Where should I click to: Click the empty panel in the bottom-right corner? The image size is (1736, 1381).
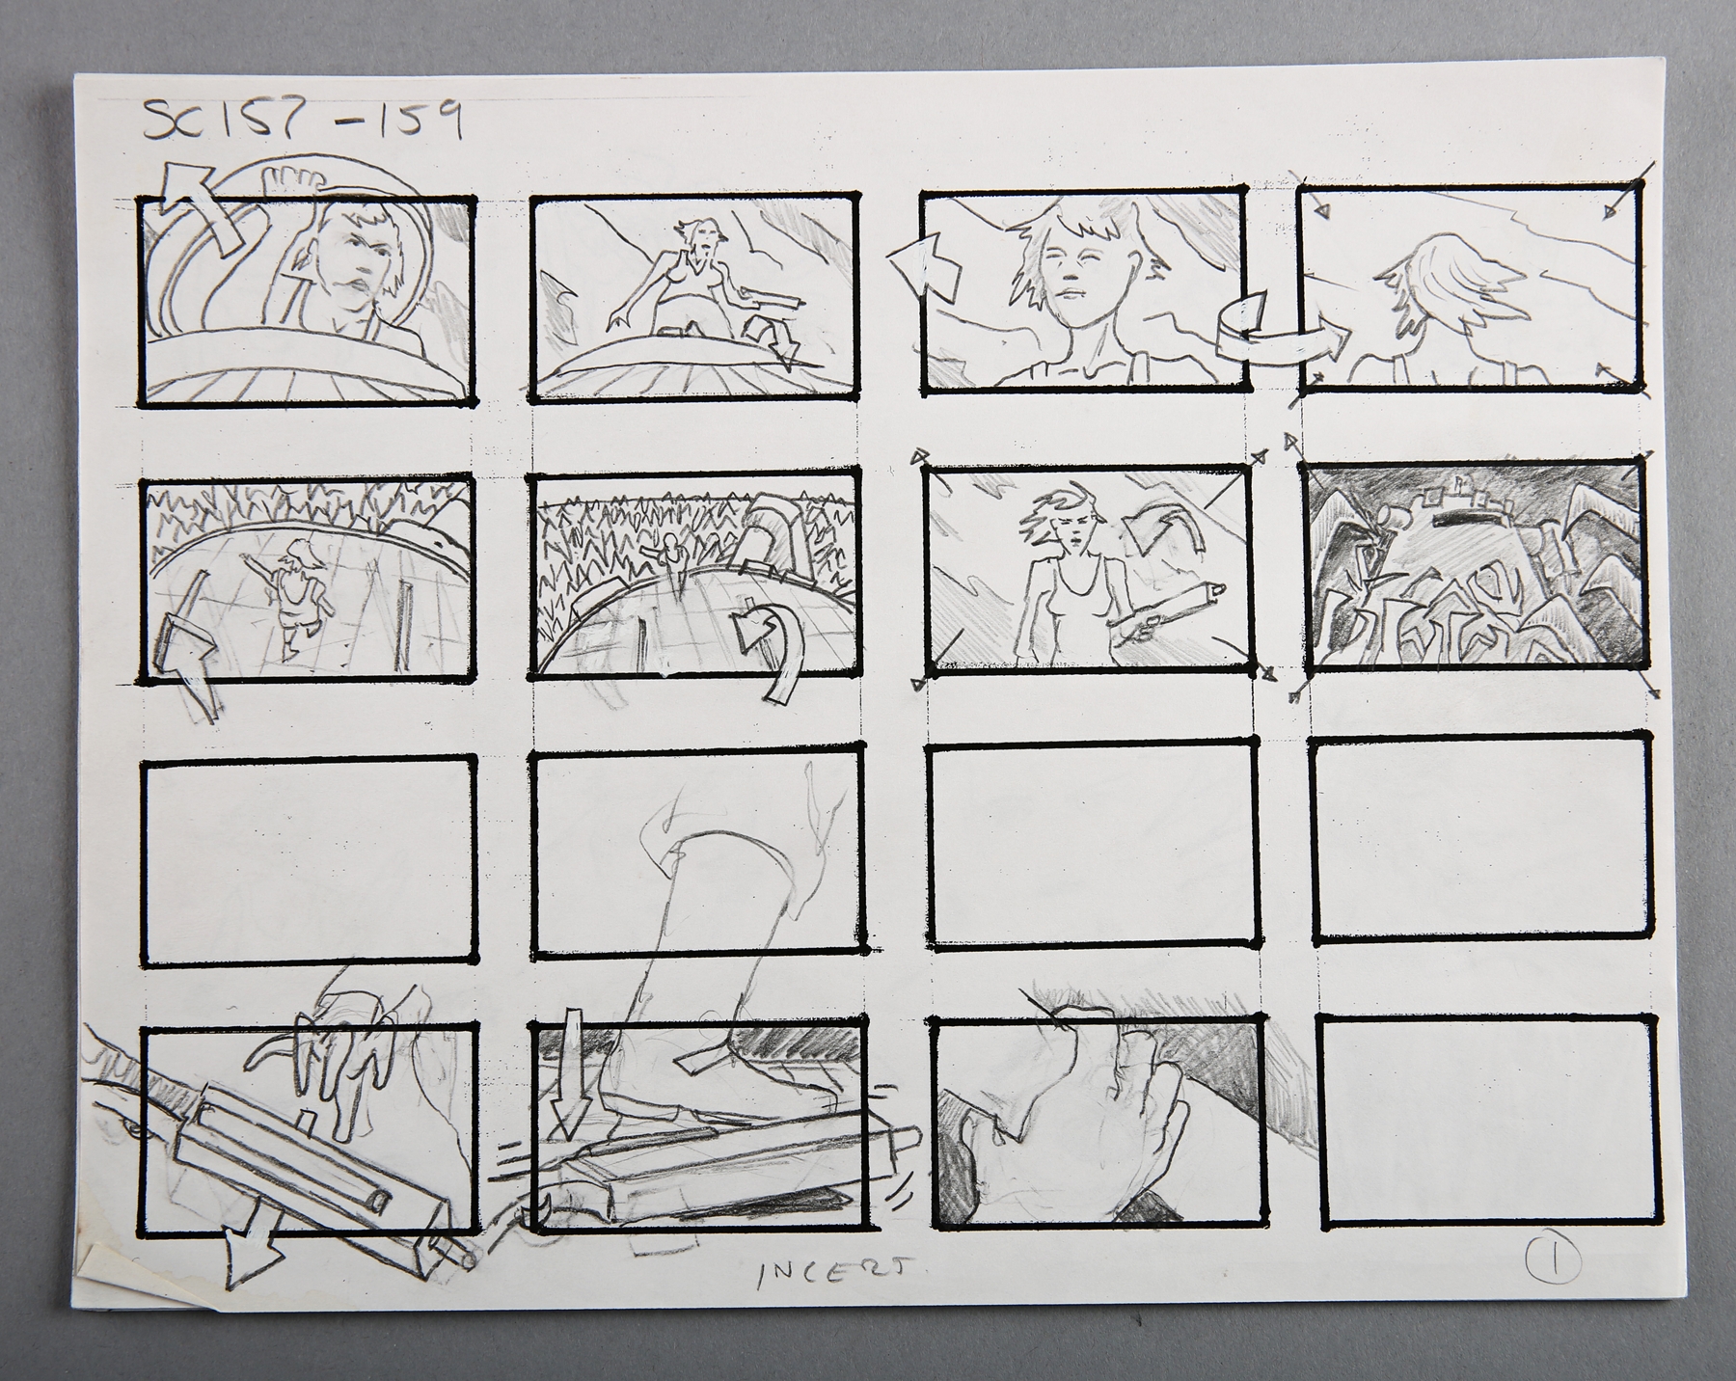1478,1127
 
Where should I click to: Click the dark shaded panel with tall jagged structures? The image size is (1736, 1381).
1478,564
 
